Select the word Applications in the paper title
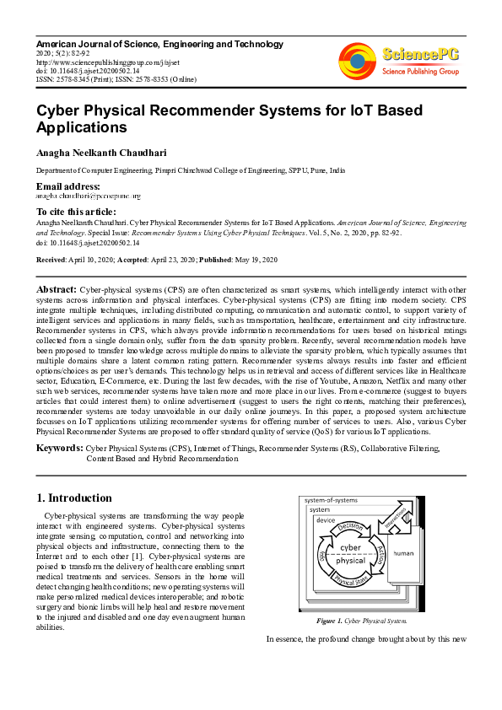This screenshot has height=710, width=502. (x=81, y=128)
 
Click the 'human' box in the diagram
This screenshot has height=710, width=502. (x=403, y=554)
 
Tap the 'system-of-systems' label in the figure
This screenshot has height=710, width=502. (x=330, y=501)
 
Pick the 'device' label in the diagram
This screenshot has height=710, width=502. (x=326, y=520)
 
